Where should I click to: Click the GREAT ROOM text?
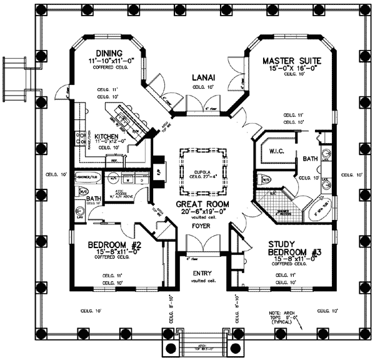click(202, 204)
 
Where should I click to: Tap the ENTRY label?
click(202, 274)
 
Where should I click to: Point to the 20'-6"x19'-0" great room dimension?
click(202, 212)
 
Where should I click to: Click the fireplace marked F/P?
click(159, 169)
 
